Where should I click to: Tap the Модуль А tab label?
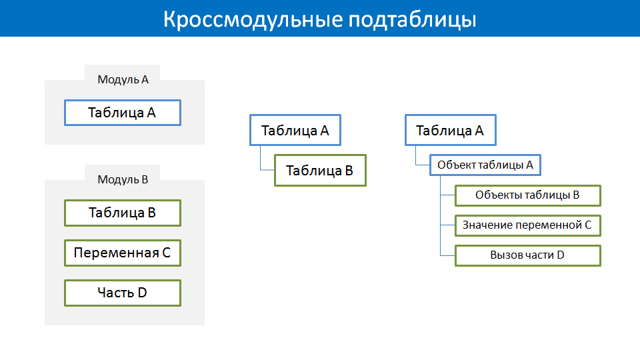tap(123, 79)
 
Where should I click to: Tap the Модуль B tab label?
tap(123, 179)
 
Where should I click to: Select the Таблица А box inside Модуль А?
tap(123, 113)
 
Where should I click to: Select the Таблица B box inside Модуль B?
tap(123, 213)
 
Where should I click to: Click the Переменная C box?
tap(123, 253)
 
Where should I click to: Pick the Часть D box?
tap(123, 293)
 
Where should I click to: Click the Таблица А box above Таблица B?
tap(295, 130)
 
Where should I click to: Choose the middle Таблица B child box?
tap(320, 170)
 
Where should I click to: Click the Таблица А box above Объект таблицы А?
tap(451, 130)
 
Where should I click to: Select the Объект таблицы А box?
tap(485, 165)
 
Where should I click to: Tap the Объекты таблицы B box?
tap(528, 195)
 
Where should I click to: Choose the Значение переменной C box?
tap(528, 225)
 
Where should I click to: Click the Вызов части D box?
tap(528, 255)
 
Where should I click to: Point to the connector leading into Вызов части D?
tap(448, 255)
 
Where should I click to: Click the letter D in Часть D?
tap(142, 293)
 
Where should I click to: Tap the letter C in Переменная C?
tap(166, 253)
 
